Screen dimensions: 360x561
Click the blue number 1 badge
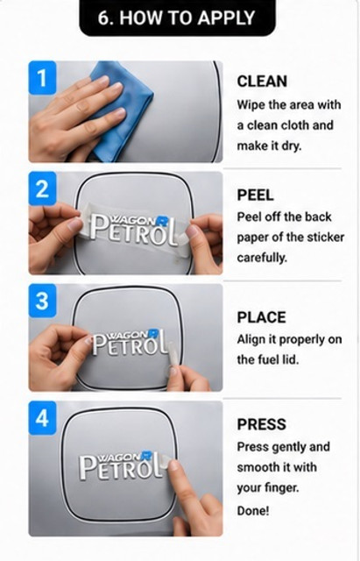tap(42, 78)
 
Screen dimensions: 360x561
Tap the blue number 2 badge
tap(42, 188)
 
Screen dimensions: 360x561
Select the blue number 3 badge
tap(42, 301)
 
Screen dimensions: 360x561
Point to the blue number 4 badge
tap(42, 417)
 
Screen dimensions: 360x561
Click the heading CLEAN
tap(262, 82)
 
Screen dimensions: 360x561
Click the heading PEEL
tap(255, 195)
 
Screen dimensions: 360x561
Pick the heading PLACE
tap(261, 317)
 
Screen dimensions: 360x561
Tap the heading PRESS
tap(261, 424)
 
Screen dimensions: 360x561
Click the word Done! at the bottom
tap(253, 510)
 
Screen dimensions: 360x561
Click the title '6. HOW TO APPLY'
tap(177, 18)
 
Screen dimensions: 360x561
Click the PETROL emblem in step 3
tap(130, 343)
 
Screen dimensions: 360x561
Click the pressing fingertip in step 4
tap(173, 465)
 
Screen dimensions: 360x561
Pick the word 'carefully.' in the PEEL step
tap(262, 258)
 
